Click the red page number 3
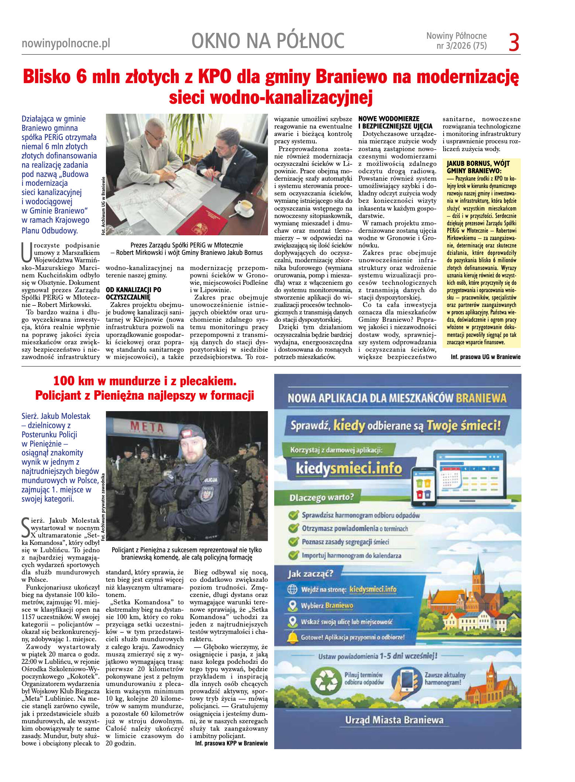514,42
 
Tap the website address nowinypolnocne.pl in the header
66,44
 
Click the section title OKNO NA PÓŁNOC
268,41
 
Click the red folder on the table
202,221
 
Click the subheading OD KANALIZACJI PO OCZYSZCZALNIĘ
134,293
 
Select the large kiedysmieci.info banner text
348,469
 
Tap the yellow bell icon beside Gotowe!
293,637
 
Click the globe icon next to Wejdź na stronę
292,589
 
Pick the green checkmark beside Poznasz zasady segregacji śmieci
293,542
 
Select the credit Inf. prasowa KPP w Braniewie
231,743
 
